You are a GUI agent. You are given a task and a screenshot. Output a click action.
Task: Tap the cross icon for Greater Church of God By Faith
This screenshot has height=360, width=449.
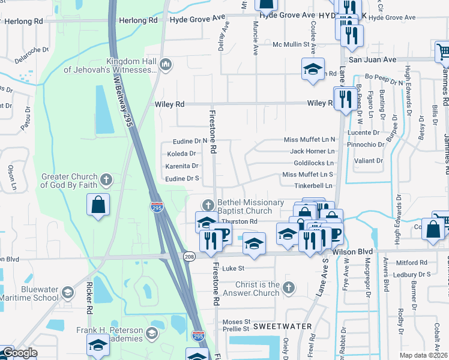click(106, 179)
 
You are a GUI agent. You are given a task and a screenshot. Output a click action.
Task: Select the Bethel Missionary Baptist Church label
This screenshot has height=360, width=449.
click(250, 206)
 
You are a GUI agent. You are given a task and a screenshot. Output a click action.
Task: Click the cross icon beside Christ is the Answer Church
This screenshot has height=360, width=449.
click(289, 287)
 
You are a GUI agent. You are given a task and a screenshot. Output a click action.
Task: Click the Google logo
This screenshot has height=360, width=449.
click(19, 353)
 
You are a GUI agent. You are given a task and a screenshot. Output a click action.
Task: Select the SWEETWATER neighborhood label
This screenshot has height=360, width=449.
click(282, 326)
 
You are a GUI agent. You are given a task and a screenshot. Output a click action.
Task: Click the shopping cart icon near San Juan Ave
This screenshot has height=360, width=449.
click(443, 53)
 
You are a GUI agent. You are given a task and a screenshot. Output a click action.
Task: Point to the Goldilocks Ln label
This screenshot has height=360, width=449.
click(313, 163)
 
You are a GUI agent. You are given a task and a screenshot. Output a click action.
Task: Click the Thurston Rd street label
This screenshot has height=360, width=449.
click(241, 221)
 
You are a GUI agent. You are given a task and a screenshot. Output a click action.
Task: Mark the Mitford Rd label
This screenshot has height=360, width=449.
click(412, 263)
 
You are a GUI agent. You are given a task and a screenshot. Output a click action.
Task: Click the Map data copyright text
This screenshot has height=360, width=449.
click(424, 355)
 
